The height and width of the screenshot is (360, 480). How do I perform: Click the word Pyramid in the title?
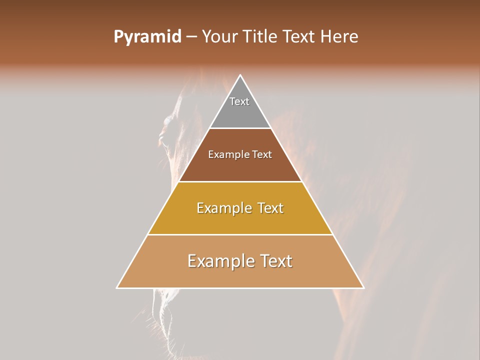click(x=147, y=37)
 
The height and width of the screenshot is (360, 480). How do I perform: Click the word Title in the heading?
click(x=259, y=37)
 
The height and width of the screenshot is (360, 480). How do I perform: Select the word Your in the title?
click(x=219, y=37)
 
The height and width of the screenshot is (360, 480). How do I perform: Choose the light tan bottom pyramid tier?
click(x=240, y=275)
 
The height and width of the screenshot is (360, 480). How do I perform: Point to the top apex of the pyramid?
click(x=240, y=75)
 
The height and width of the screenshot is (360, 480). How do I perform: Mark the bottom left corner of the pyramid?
click(x=117, y=287)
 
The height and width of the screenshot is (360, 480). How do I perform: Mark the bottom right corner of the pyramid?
click(x=363, y=287)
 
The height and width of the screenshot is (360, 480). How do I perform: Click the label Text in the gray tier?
click(x=239, y=101)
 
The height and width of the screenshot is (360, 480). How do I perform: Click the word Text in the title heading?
click(x=300, y=37)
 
